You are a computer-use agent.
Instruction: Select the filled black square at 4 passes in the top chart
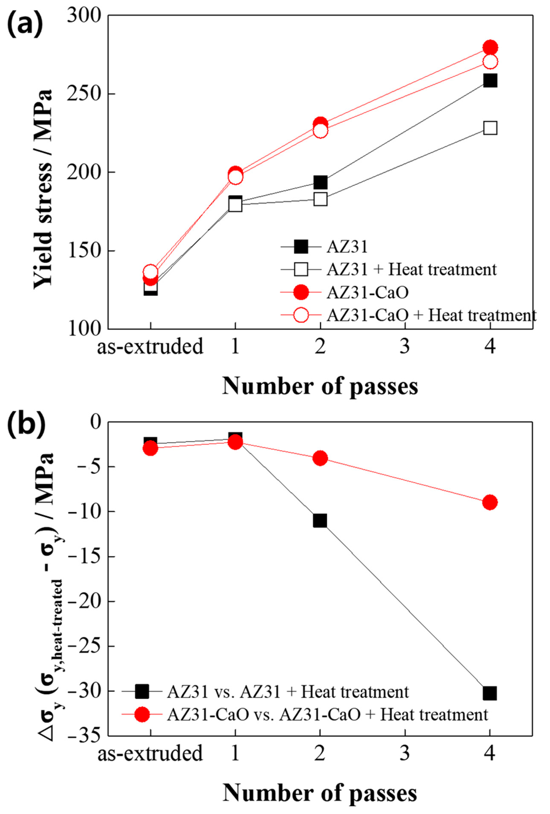pyautogui.click(x=490, y=80)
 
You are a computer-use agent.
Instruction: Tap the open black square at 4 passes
pyautogui.click(x=490, y=128)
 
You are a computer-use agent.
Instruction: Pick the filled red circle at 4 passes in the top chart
pyautogui.click(x=490, y=47)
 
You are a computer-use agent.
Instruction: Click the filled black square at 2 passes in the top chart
pyautogui.click(x=320, y=182)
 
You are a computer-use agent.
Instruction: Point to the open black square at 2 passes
pyautogui.click(x=320, y=199)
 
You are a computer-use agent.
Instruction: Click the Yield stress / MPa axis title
pyautogui.click(x=43, y=189)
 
